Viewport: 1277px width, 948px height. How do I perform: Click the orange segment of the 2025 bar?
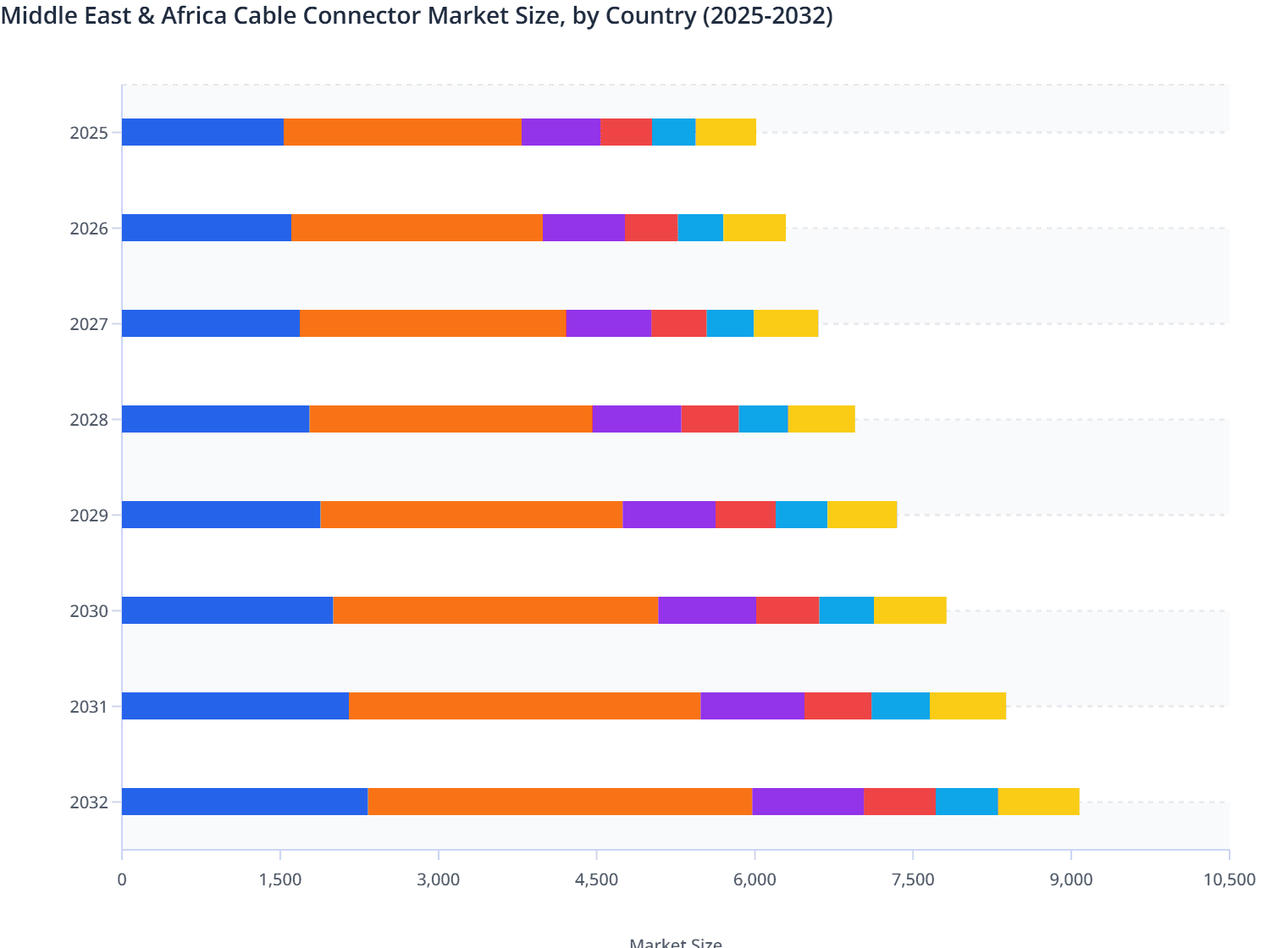[x=402, y=132]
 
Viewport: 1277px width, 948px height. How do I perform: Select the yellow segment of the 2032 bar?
[x=1038, y=802]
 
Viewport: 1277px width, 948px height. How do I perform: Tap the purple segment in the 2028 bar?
[x=636, y=419]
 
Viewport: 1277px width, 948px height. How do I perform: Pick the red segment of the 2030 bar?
[x=788, y=610]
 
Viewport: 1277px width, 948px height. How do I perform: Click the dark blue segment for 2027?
[x=210, y=323]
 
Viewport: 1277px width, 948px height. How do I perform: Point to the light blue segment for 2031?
[x=900, y=706]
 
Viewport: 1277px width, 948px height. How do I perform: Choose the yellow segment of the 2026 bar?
[x=754, y=228]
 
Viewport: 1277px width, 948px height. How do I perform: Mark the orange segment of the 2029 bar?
[x=471, y=515]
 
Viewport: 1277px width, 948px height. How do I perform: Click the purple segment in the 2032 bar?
[x=807, y=802]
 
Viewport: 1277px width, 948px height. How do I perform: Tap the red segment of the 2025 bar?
[x=626, y=132]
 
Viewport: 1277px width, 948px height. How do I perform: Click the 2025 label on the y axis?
[x=89, y=133]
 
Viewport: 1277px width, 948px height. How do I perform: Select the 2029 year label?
[x=89, y=515]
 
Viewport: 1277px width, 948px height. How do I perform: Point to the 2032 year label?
[x=89, y=802]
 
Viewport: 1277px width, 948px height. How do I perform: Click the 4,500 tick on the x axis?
[x=596, y=879]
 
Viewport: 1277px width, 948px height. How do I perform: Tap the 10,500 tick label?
[x=1229, y=879]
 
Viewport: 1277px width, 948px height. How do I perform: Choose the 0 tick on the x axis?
[x=122, y=879]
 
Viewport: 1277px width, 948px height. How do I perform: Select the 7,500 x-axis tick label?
[x=913, y=879]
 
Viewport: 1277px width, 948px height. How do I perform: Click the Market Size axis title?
[x=675, y=942]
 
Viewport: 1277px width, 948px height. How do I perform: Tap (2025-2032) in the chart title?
[x=767, y=15]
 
